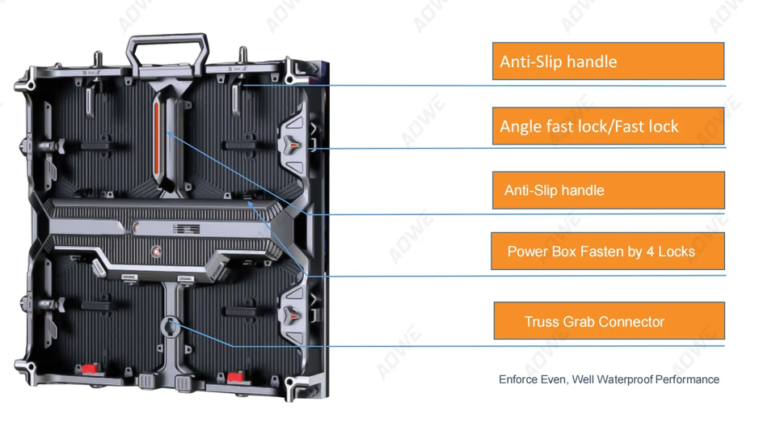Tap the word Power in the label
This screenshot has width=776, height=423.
pyautogui.click(x=525, y=252)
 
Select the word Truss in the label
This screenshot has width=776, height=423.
pyautogui.click(x=542, y=321)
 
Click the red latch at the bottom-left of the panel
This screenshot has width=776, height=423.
pyautogui.click(x=89, y=370)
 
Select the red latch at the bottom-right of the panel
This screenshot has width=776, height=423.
pyautogui.click(x=235, y=377)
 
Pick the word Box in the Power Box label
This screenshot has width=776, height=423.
pyautogui.click(x=567, y=252)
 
